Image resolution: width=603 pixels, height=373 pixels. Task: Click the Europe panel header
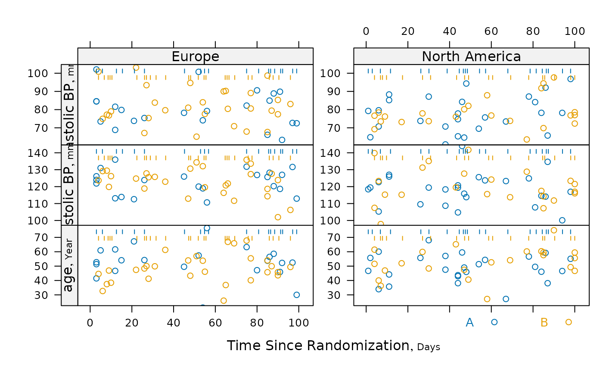[x=195, y=56]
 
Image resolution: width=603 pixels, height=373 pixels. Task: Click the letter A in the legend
[x=469, y=322]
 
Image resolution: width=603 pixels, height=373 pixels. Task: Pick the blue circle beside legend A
[x=494, y=322]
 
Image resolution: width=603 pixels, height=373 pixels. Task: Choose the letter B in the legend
[x=544, y=322]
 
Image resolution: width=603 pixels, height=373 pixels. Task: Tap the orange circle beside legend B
[x=569, y=322]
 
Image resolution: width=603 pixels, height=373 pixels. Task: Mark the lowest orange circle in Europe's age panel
[x=224, y=301]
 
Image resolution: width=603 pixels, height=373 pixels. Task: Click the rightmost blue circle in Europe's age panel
[x=296, y=295]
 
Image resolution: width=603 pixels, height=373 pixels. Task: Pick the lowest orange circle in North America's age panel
[x=487, y=299]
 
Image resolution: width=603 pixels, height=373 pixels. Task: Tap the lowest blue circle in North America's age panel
[x=506, y=299]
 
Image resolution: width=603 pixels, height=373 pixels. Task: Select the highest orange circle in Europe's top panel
[x=136, y=68]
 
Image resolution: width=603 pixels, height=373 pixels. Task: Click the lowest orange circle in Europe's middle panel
[x=278, y=217]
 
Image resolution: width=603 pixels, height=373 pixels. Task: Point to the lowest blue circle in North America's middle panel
[x=562, y=220]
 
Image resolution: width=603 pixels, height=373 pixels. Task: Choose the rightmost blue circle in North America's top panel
[x=571, y=79]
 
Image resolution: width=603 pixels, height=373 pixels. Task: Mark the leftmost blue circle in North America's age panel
[x=368, y=271]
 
